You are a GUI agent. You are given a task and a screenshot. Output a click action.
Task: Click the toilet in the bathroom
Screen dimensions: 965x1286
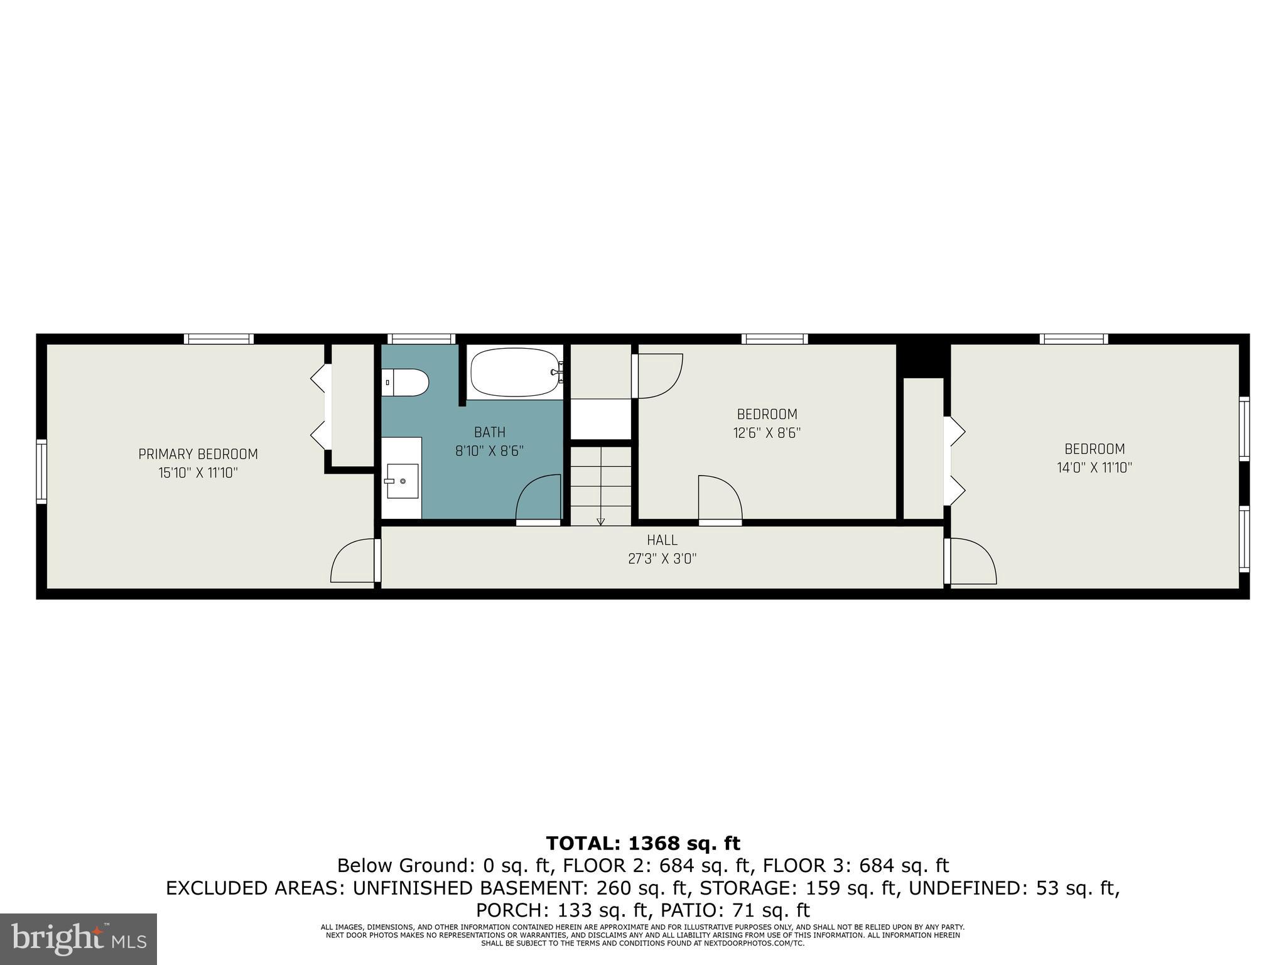click(406, 382)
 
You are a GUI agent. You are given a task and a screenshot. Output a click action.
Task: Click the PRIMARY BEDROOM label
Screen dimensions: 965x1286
click(198, 454)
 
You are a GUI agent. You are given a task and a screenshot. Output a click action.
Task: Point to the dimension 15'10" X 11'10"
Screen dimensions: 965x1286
click(198, 472)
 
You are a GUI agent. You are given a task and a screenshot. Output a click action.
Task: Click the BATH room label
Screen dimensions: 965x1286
click(489, 432)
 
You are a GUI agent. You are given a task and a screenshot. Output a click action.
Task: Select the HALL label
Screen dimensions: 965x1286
click(662, 540)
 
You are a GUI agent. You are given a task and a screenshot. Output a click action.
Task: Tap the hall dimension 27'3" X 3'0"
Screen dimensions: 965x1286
click(662, 559)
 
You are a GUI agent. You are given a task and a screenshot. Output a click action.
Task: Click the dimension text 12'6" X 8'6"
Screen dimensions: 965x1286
click(767, 433)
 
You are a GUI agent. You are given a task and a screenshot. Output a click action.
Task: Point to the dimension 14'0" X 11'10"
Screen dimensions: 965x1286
click(1094, 467)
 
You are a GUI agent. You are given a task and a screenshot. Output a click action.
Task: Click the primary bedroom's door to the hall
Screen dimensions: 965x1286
click(353, 561)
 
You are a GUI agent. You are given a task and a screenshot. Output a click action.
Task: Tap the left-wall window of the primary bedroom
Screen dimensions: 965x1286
click(41, 471)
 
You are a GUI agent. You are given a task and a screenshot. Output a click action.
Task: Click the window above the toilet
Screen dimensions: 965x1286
click(420, 339)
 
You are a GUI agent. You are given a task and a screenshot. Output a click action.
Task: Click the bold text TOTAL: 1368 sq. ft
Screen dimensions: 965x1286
click(642, 842)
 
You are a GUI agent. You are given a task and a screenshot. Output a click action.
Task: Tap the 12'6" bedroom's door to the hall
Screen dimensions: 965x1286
click(720, 499)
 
